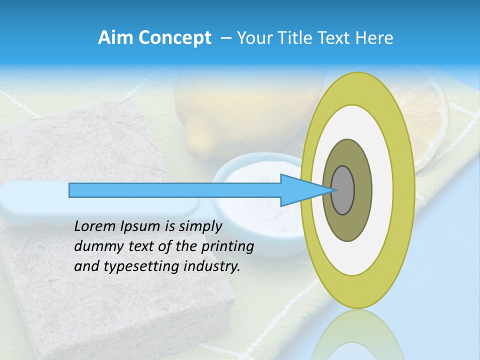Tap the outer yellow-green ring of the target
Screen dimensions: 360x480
click(x=404, y=190)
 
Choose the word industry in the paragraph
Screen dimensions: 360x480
click(x=212, y=266)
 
